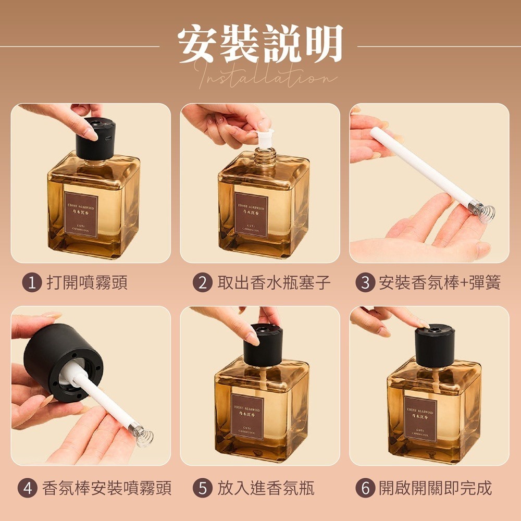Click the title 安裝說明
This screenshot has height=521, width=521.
coord(260,44)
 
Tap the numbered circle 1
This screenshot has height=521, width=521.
coord(32,283)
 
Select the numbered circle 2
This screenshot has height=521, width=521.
coord(202,283)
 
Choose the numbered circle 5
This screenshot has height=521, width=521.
coord(202,488)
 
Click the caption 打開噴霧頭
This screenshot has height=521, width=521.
coord(87,283)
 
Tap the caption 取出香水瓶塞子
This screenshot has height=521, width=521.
coord(274,283)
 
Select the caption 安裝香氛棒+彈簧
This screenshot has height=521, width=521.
coord(439,283)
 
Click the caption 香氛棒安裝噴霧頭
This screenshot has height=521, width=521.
coord(106,488)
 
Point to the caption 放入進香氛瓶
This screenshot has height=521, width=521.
coord(266,488)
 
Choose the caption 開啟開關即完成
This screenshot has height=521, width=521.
coord(435,488)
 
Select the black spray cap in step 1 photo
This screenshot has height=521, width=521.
coord(94,138)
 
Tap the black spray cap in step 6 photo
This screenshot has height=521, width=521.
coord(435,345)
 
